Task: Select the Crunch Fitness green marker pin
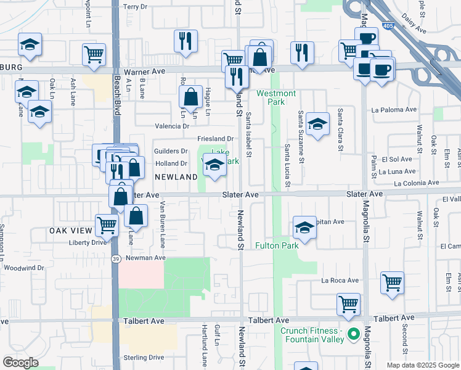[353, 335]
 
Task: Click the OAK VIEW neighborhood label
[70, 231]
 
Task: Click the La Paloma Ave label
[394, 110]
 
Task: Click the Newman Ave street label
[146, 258]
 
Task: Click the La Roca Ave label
[340, 281]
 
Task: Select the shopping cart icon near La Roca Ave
[392, 283]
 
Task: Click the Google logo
[20, 363]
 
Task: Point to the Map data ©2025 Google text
[422, 365]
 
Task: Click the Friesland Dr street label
[216, 139]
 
